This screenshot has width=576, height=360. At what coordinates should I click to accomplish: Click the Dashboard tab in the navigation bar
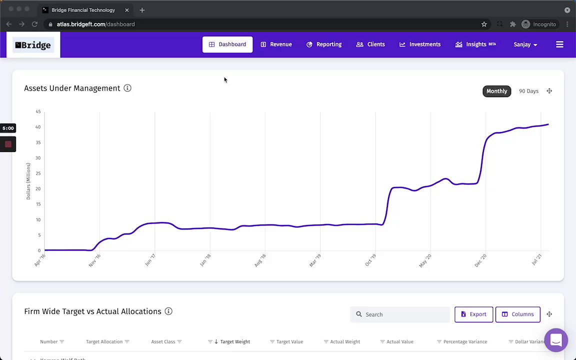pos(227,44)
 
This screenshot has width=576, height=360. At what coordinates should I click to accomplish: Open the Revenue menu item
pos(276,44)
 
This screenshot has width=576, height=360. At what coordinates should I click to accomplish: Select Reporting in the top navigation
pos(324,44)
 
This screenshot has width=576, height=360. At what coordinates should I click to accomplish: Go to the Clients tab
pos(370,44)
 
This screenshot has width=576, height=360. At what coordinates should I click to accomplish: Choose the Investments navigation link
pos(420,44)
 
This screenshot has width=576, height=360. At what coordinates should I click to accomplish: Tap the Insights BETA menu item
pos(475,44)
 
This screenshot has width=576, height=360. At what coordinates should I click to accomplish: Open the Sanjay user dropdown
pos(525,44)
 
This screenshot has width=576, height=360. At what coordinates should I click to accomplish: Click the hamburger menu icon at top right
pos(559,44)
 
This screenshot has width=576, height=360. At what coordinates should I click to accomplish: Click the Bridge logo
pos(33,45)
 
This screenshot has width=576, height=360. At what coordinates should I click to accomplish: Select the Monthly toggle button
pos(496,91)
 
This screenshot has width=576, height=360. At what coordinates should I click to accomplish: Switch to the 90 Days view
pos(528,91)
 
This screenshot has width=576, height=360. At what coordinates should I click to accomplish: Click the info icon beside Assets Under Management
pos(127,88)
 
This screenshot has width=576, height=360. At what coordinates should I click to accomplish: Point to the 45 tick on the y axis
pos(38,111)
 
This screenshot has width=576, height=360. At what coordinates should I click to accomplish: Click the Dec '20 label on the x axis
pos(480,260)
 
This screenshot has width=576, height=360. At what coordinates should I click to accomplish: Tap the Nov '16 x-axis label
pos(94,260)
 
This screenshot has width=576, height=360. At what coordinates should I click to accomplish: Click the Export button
pos(473,314)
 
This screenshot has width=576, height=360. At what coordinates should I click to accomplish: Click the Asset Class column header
pos(163,341)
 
